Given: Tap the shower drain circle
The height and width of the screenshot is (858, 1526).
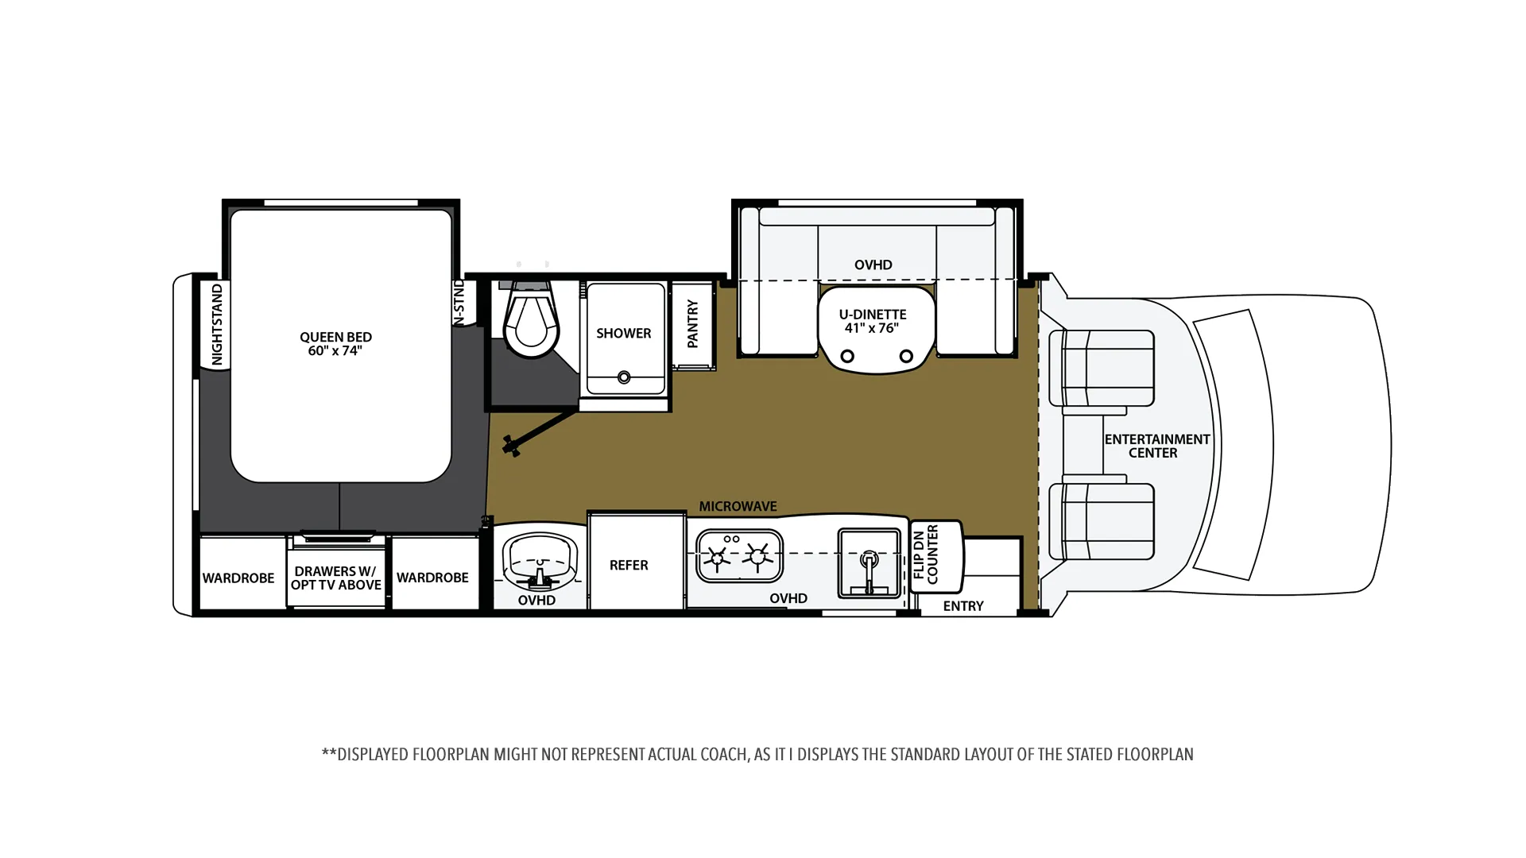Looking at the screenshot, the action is [624, 378].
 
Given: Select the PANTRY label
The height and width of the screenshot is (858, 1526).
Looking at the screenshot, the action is [692, 324].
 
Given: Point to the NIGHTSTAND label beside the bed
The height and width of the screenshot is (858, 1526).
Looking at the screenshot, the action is [217, 324].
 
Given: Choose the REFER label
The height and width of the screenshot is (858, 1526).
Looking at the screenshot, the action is [629, 565].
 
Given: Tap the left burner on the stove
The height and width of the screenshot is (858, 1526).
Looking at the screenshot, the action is [718, 558].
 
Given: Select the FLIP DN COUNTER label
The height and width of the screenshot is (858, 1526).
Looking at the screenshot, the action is [926, 554].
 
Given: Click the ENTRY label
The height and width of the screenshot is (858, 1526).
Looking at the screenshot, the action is [963, 606].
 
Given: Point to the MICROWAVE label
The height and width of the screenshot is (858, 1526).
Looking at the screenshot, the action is [738, 506].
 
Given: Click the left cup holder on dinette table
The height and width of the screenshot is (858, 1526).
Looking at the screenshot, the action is [847, 356].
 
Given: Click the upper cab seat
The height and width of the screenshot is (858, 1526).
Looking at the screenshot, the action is [1102, 369].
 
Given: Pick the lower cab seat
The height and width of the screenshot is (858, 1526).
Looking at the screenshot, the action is [1102, 521].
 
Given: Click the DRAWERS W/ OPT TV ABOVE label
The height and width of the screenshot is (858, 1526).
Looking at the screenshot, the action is [336, 578].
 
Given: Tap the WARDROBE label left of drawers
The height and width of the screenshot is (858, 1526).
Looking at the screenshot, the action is [238, 578].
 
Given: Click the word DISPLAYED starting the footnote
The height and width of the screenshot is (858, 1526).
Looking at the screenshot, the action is [373, 754].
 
